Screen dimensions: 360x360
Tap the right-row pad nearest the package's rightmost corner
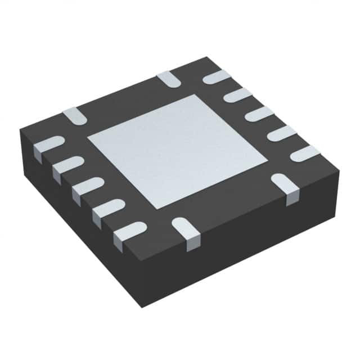click(x=304, y=153)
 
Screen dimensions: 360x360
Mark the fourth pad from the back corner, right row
click(x=281, y=133)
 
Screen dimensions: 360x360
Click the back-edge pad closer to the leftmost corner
click(x=74, y=115)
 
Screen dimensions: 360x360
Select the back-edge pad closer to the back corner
click(x=168, y=79)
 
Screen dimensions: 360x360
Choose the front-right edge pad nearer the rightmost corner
click(x=286, y=186)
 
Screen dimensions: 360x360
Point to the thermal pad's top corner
click(x=195, y=95)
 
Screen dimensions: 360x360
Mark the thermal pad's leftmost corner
click(x=87, y=137)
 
